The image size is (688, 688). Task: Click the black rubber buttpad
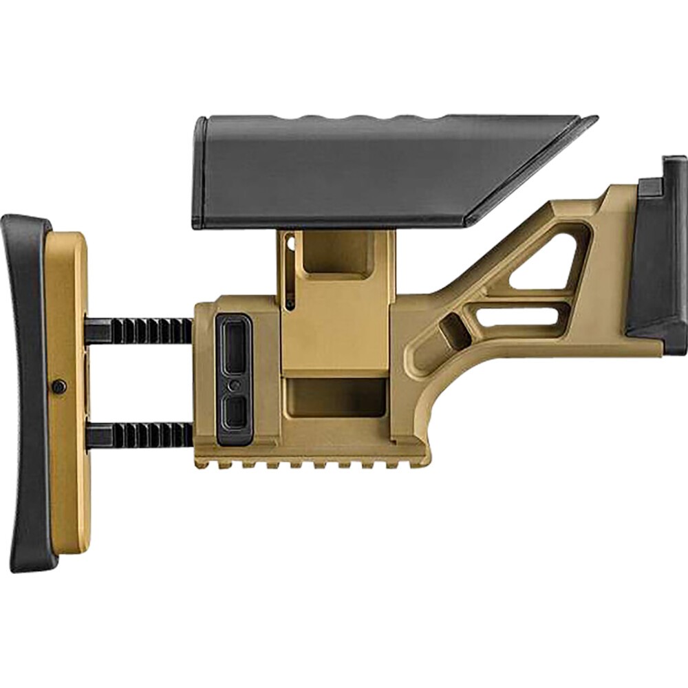[28, 385]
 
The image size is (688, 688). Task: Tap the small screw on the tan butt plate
[60, 387]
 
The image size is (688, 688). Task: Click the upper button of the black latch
[234, 344]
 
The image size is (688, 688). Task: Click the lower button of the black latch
[234, 411]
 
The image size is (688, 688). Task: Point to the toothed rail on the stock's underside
[310, 465]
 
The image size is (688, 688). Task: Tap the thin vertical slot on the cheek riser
[290, 275]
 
